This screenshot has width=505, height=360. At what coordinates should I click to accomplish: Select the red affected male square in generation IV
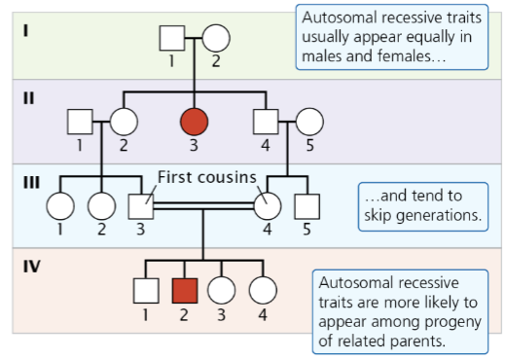pyautogui.click(x=184, y=290)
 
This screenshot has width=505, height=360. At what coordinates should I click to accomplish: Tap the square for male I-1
pyautogui.click(x=172, y=38)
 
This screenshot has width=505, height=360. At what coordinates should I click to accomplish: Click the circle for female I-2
pyautogui.click(x=216, y=38)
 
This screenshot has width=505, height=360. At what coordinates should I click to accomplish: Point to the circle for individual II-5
pyautogui.click(x=309, y=122)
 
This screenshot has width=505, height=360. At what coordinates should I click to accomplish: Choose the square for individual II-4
pyautogui.click(x=266, y=122)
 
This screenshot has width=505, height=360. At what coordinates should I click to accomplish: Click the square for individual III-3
pyautogui.click(x=142, y=205)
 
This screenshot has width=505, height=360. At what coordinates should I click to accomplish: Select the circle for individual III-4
pyautogui.click(x=267, y=205)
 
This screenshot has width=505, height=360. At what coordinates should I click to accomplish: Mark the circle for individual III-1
pyautogui.click(x=60, y=205)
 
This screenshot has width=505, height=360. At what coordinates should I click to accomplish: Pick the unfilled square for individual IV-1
pyautogui.click(x=145, y=290)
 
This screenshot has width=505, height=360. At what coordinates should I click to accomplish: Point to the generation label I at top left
pyautogui.click(x=26, y=28)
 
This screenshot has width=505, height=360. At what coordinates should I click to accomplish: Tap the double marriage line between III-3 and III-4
pyautogui.click(x=204, y=206)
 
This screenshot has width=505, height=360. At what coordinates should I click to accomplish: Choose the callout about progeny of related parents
pyautogui.click(x=401, y=311)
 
